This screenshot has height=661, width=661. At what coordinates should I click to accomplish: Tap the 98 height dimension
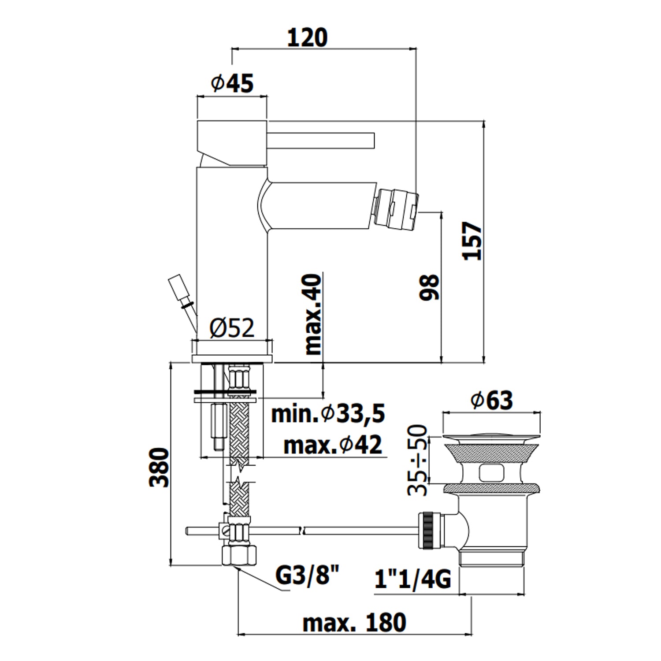[429, 287]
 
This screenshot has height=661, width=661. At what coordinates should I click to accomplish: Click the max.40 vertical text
[313, 314]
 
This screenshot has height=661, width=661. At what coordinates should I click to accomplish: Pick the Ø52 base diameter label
[232, 328]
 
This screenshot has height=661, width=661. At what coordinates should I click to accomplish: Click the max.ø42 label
[333, 445]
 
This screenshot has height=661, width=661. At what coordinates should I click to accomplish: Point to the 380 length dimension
[159, 468]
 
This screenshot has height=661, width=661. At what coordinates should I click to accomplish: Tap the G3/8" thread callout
[308, 575]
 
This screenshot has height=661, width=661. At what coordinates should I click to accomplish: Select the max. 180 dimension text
[354, 623]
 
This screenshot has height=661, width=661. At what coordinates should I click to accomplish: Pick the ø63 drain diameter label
[491, 400]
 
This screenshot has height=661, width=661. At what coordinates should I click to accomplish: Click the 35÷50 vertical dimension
[417, 460]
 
